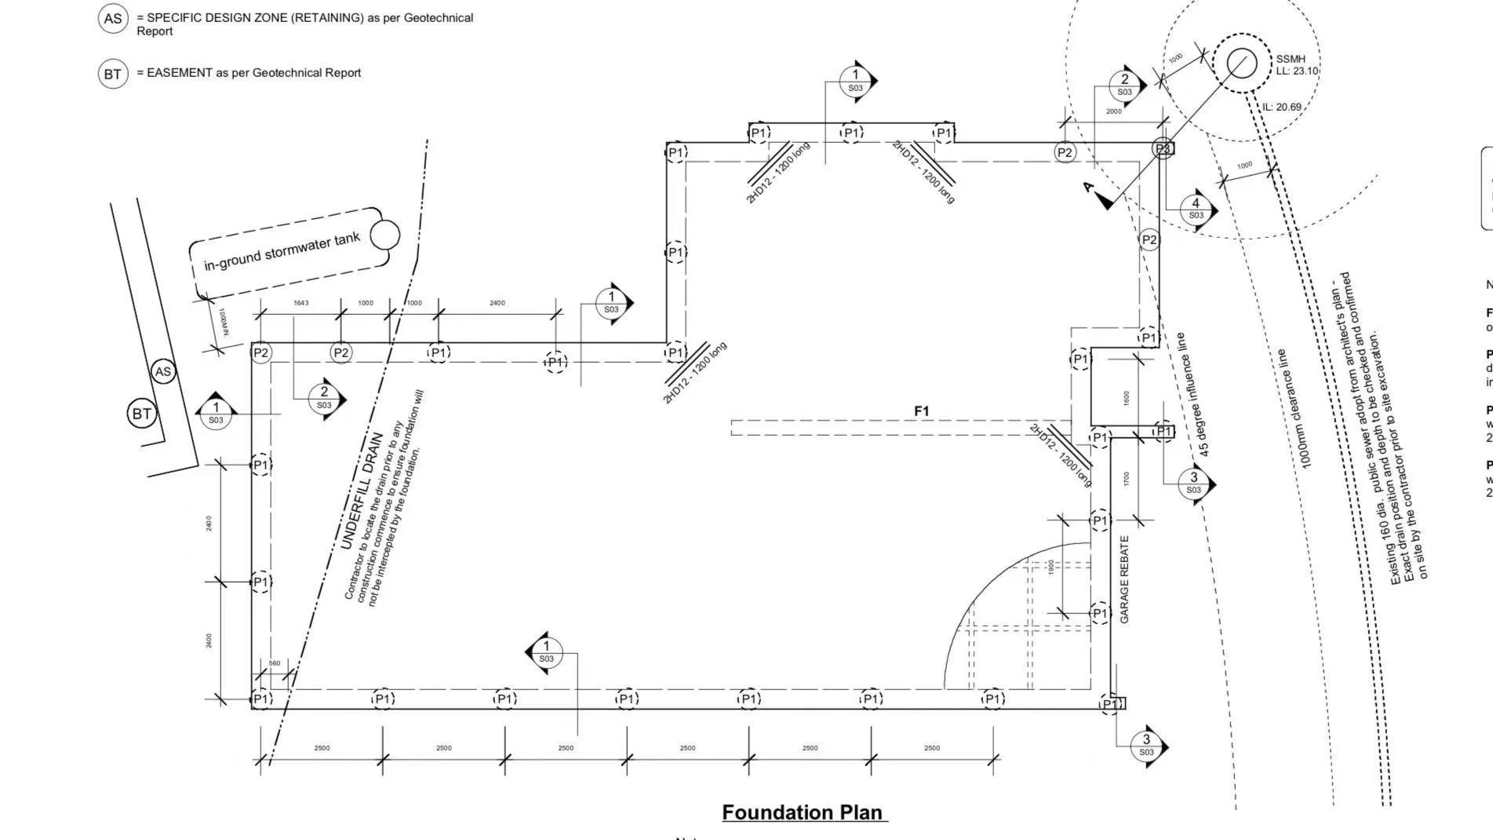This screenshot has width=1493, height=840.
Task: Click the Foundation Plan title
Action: (803, 812)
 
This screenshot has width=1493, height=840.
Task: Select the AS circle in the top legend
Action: (113, 18)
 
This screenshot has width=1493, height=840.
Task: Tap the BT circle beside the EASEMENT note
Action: (113, 74)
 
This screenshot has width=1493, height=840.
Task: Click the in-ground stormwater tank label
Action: (282, 251)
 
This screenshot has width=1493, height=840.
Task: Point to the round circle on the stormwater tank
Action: (384, 234)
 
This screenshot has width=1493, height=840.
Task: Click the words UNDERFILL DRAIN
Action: (362, 491)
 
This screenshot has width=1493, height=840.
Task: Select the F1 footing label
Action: (921, 411)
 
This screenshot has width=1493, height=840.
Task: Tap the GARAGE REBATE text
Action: (1124, 579)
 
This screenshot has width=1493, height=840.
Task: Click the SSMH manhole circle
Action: (1241, 63)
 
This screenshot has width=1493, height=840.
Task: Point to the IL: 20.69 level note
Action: (1282, 107)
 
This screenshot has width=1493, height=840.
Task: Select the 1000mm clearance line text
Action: (1293, 409)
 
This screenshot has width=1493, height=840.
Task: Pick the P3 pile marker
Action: (1163, 148)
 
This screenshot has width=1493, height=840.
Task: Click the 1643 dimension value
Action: (301, 303)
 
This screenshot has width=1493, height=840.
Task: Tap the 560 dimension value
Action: (275, 663)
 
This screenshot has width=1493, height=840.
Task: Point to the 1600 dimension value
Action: (1127, 398)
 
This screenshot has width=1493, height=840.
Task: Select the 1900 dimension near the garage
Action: (1051, 566)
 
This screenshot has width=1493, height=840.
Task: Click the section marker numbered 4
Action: (1196, 208)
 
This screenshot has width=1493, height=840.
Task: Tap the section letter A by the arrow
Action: (1088, 187)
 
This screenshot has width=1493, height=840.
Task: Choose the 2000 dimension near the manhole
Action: (1113, 111)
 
